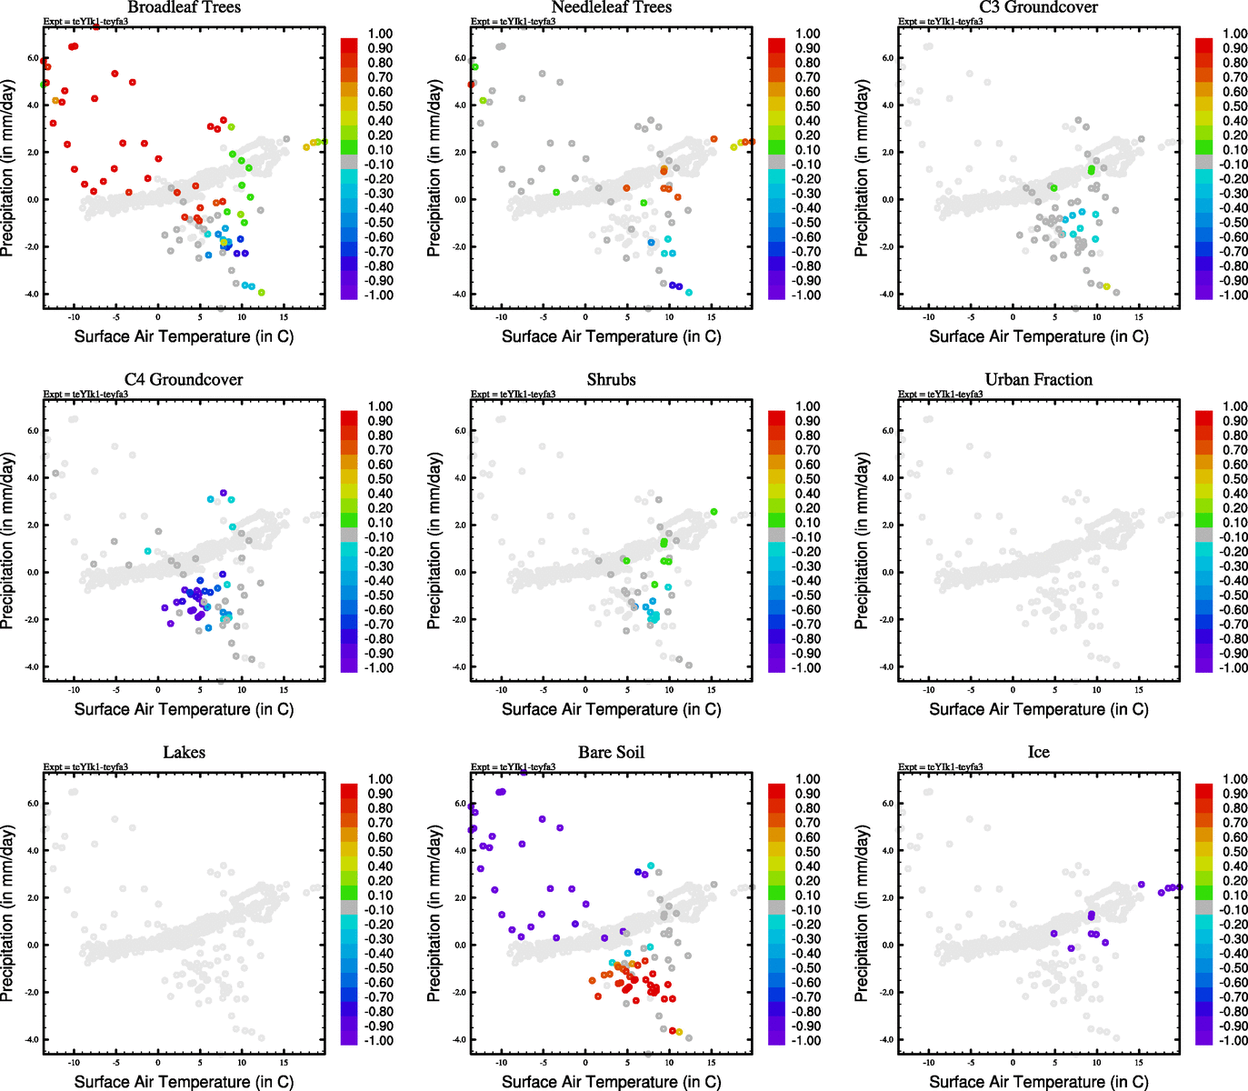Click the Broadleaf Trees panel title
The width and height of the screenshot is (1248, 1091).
click(184, 7)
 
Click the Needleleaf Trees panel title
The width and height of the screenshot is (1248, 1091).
click(611, 7)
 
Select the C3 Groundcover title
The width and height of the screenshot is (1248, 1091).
click(1038, 7)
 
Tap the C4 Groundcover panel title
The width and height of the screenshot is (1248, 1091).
click(184, 380)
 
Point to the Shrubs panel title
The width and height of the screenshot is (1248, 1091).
click(611, 380)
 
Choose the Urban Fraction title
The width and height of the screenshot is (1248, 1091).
click(1038, 380)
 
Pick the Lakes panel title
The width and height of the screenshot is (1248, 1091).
click(184, 753)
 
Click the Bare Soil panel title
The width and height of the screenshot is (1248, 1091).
click(611, 753)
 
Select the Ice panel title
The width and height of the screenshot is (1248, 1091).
click(1038, 753)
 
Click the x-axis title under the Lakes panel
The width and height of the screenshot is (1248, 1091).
click(184, 1082)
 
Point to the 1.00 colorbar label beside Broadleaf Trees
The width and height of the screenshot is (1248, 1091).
click(380, 34)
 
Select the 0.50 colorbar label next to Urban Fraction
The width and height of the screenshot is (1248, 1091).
click(1235, 479)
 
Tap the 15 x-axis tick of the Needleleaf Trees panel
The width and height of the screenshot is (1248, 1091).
click(712, 317)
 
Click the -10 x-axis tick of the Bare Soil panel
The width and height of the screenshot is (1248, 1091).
click(500, 1063)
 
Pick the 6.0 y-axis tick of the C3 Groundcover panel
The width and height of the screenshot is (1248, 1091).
click(887, 58)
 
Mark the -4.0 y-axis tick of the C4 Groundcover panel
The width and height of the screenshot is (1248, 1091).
click(31, 667)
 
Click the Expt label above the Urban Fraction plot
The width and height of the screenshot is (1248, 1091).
click(940, 395)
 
